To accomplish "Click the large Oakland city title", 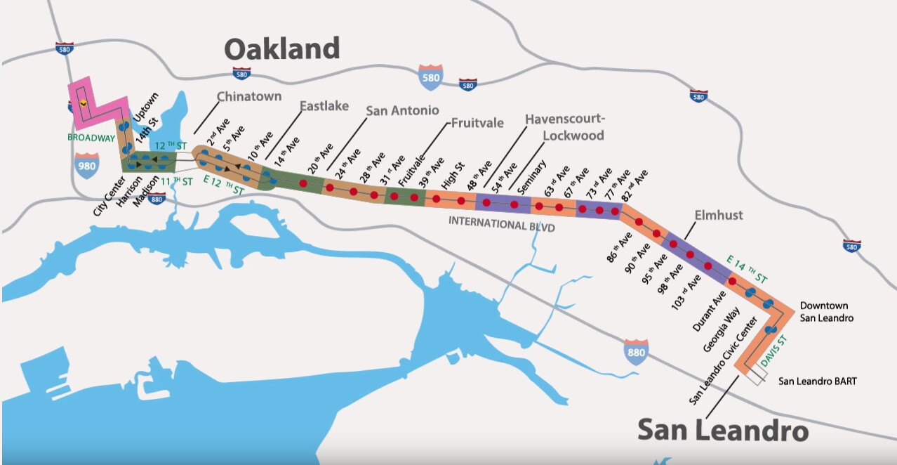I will click(282, 49).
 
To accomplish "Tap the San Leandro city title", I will click(722, 430).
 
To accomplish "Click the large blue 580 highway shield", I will click(430, 77).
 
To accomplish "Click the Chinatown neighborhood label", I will click(248, 96).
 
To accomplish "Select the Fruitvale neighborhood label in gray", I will click(477, 123).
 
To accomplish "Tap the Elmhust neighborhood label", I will click(718, 216).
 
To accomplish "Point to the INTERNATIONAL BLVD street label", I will click(502, 226).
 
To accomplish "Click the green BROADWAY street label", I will click(91, 138).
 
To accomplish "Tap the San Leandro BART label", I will click(817, 381).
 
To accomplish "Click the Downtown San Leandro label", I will click(826, 312).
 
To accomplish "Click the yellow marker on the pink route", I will click(83, 102).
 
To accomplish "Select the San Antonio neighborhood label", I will click(402, 110).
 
